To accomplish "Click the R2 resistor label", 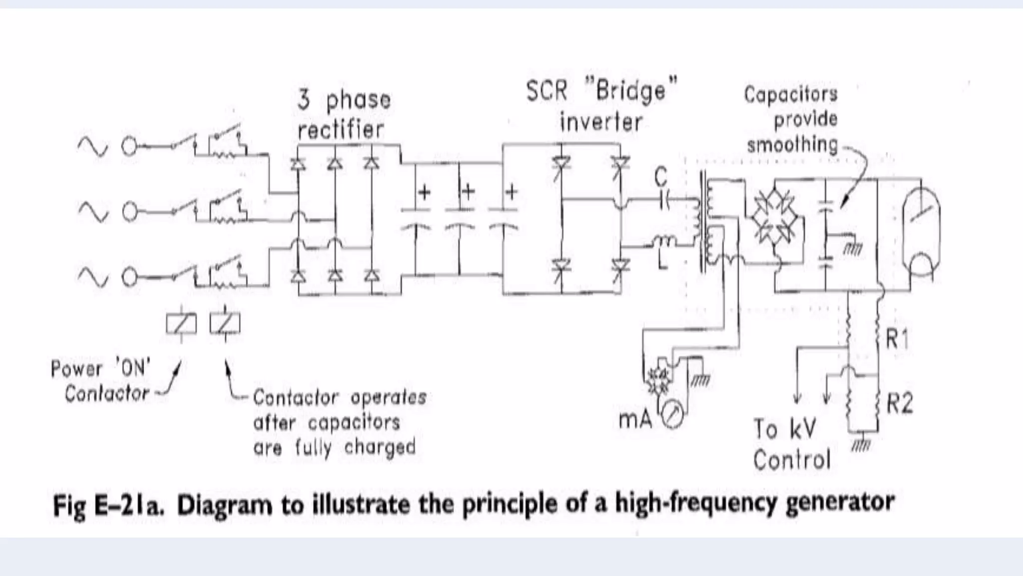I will (x=899, y=403).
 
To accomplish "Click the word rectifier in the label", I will (x=341, y=130).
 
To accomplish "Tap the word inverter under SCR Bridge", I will (x=601, y=122).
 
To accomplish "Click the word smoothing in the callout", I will (x=792, y=144).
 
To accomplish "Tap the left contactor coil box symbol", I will (x=181, y=323).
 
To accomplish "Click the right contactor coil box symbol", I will (x=225, y=323).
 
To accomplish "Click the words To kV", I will (x=784, y=429).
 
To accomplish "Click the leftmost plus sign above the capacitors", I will (x=424, y=192).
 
